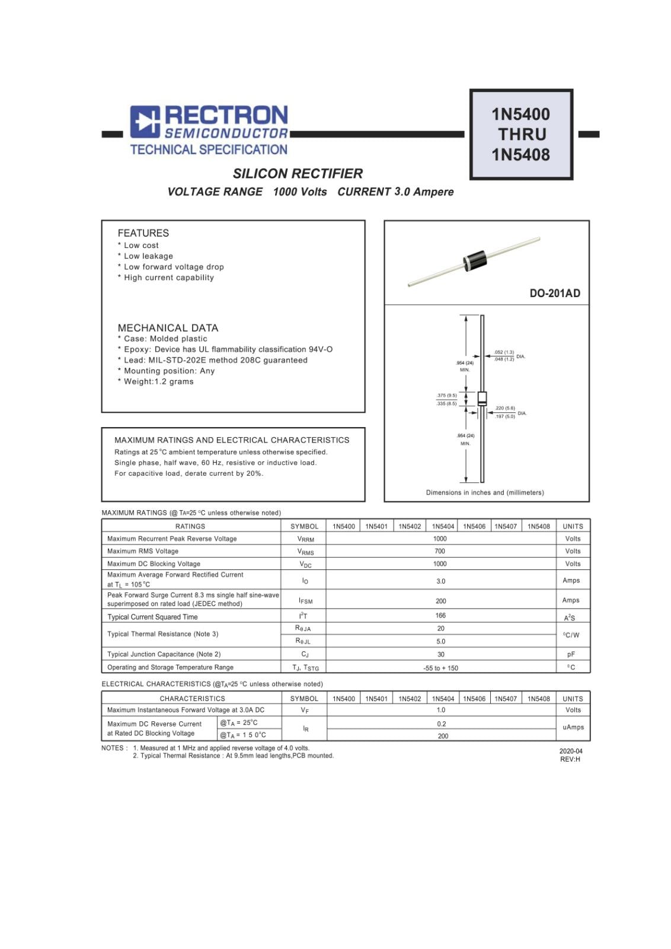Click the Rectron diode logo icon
(x=145, y=122)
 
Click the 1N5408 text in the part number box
(x=520, y=155)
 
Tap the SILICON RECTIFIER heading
(x=298, y=174)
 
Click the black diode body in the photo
(x=475, y=261)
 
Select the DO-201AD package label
(x=555, y=293)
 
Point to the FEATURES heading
(x=143, y=233)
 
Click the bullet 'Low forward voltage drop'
(x=173, y=267)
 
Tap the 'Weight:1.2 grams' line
(x=158, y=381)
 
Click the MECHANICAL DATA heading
(x=168, y=328)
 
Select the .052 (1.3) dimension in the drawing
(x=504, y=352)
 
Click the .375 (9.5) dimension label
(x=446, y=395)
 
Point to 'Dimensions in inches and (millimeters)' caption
(x=484, y=492)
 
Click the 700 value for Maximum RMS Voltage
(x=440, y=551)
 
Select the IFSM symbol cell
(x=305, y=600)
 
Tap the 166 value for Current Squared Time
(x=440, y=616)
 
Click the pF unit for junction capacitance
(x=571, y=654)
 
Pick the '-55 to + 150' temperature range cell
(x=440, y=668)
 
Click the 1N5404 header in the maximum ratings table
(x=443, y=526)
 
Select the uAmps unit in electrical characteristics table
(x=573, y=727)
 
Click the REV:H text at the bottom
(x=570, y=759)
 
